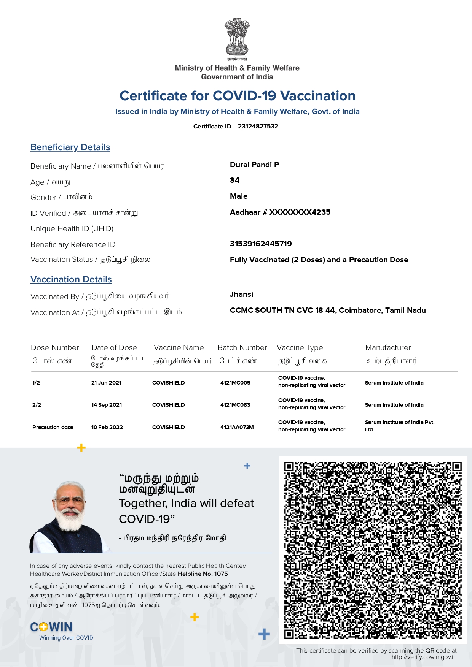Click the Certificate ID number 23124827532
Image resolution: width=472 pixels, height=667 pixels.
[x=258, y=126]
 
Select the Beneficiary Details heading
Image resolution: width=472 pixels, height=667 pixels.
[x=70, y=147]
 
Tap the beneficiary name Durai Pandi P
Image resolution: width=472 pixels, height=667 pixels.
[x=254, y=165]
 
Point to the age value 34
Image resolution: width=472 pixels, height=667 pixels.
[x=234, y=180]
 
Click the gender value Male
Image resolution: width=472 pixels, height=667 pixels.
[x=239, y=196]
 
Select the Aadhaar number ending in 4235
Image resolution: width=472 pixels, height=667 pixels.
[x=280, y=212]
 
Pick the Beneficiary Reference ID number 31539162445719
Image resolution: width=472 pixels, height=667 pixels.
[x=261, y=244]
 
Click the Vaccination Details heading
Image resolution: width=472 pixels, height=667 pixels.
[x=71, y=279]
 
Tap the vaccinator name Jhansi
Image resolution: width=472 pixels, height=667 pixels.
[x=241, y=294]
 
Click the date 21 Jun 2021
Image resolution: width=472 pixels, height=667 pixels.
[x=106, y=383]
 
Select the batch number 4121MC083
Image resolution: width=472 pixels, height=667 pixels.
[x=235, y=405]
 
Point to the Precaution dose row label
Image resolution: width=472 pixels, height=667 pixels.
[x=53, y=427]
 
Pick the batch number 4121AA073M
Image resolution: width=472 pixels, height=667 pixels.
[x=237, y=427]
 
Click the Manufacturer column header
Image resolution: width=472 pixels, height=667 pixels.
[x=388, y=347]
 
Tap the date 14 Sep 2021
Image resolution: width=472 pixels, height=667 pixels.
[x=107, y=405]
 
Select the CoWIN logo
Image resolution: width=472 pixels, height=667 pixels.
[x=52, y=627]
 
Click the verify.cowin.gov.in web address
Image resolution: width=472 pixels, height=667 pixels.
[x=424, y=657]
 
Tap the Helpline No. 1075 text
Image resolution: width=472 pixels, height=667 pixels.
[x=203, y=574]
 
